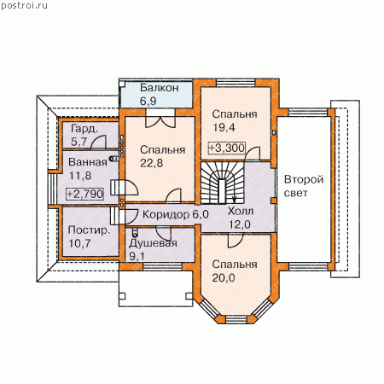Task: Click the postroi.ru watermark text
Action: (24, 6)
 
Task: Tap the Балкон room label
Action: (160, 88)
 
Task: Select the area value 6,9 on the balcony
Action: (148, 102)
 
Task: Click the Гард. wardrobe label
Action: (84, 130)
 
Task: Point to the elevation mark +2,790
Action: (84, 194)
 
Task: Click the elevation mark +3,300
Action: (227, 148)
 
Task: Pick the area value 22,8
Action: (151, 163)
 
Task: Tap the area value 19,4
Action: (224, 127)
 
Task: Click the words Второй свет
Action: (304, 186)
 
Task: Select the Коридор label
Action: (166, 214)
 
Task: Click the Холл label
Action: (241, 212)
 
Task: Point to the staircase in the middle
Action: (223, 183)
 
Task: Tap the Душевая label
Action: (153, 243)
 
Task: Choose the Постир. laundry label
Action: (89, 230)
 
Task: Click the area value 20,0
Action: (224, 277)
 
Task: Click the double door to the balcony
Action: (160, 119)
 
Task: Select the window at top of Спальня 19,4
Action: (236, 83)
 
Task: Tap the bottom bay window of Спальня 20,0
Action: (236, 319)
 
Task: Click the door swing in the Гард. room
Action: (98, 143)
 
